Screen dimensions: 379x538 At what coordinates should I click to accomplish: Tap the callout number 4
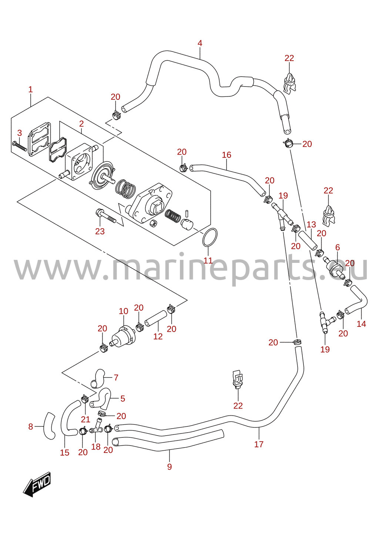pos(200,43)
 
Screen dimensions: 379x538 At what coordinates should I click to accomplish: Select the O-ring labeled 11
pos(210,237)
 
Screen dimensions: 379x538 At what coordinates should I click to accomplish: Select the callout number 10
pos(123,311)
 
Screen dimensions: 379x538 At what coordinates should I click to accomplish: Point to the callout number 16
pos(226,155)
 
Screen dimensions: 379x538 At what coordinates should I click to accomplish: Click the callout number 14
pos(361,324)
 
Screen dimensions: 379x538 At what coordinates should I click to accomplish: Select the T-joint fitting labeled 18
pos(96,426)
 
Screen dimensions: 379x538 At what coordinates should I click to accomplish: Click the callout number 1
pos(30,89)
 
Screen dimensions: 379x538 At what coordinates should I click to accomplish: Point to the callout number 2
pos(81,124)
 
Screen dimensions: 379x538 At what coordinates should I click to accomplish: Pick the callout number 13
pos(311,224)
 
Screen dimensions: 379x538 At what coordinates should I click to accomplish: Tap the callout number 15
pos(64,453)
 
